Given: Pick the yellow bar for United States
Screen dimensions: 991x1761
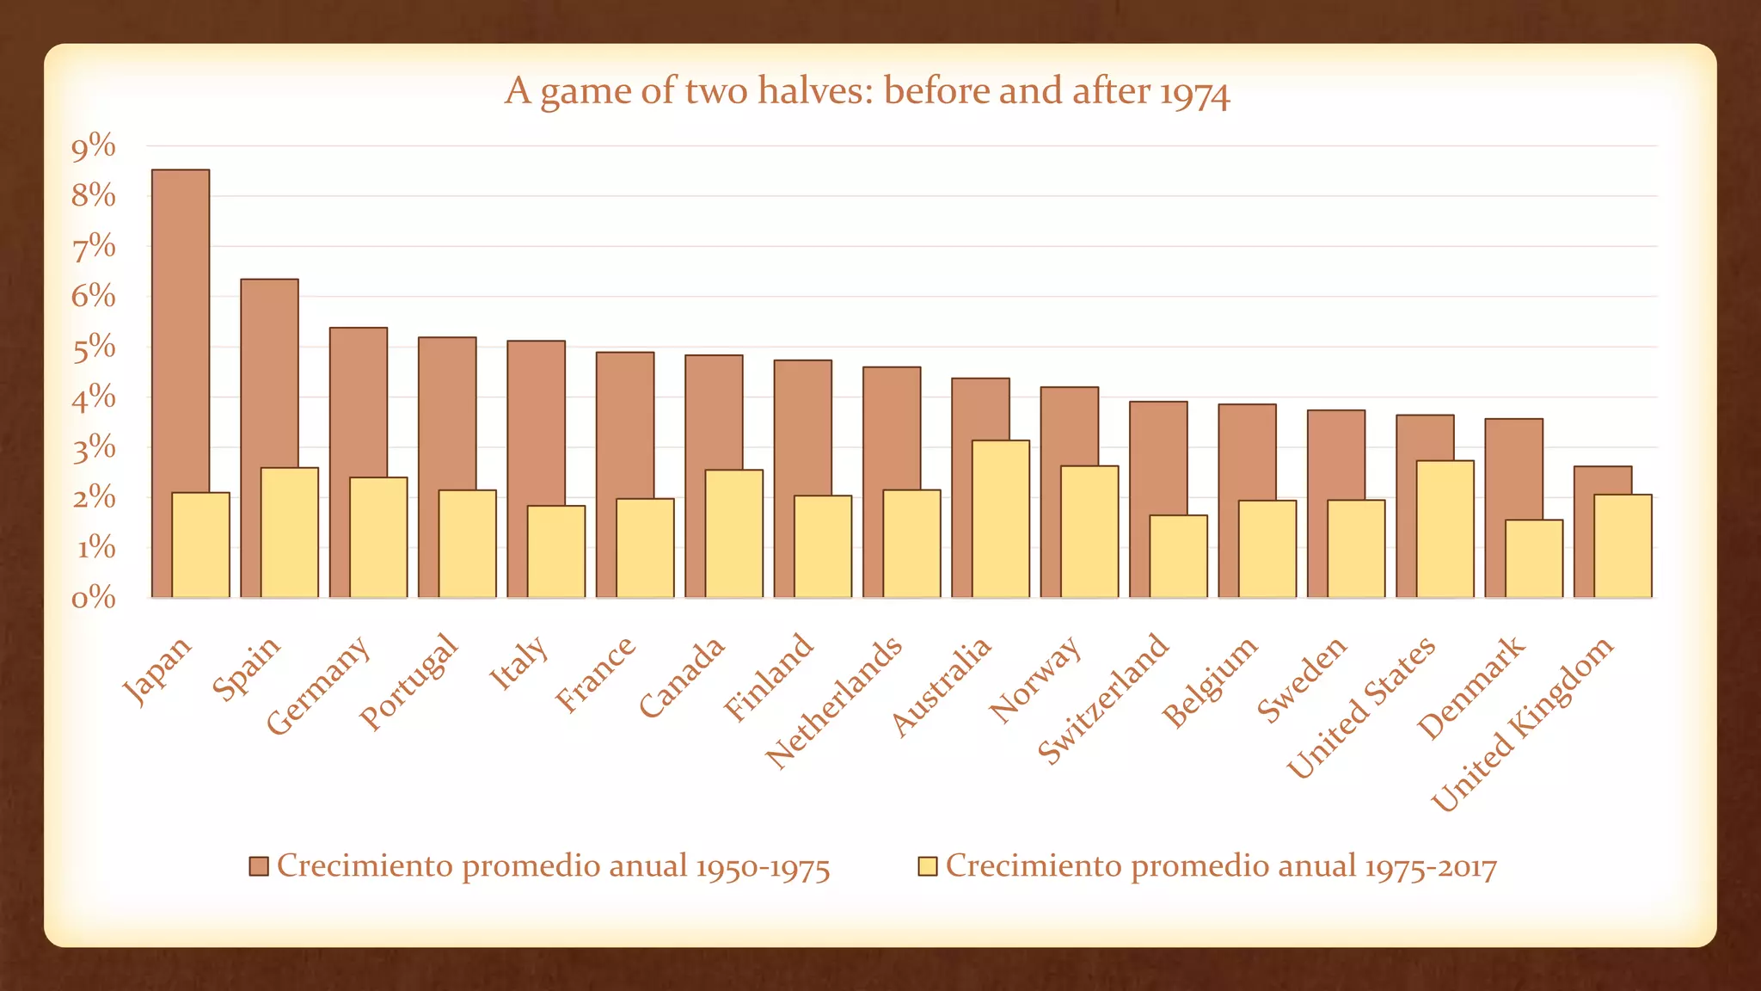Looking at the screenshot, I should coord(1445,529).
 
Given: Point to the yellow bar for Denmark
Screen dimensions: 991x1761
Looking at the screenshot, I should coord(1534,558).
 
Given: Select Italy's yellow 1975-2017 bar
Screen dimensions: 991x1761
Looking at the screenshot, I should coord(556,551).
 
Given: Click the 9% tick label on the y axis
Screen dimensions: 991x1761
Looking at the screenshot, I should coord(94,148).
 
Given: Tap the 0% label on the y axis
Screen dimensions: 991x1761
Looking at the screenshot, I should coord(94,598).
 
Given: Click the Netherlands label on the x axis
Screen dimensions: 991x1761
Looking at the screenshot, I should coord(834,702).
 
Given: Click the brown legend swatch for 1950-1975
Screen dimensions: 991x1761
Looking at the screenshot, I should coord(260,866).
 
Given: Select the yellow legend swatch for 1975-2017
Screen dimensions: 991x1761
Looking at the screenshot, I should coord(927,866).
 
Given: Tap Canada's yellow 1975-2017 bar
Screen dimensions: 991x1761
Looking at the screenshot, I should coord(734,533).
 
